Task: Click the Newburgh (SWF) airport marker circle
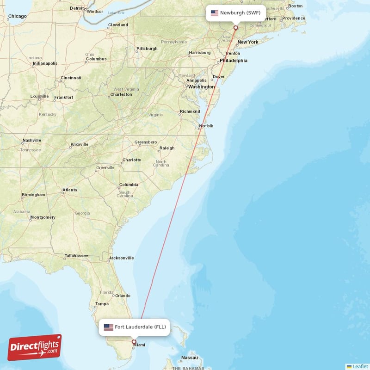(x=235, y=28)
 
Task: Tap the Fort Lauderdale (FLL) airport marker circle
(x=134, y=342)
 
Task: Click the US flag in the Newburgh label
(x=215, y=13)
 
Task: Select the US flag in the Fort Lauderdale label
(x=108, y=327)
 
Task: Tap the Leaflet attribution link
(x=360, y=366)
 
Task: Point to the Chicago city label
(x=17, y=16)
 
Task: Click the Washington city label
(x=202, y=86)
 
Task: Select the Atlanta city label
(x=70, y=190)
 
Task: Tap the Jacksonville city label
(x=121, y=258)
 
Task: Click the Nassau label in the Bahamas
(x=190, y=358)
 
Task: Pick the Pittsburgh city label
(x=147, y=49)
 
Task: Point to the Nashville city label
(x=32, y=140)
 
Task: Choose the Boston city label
(x=295, y=6)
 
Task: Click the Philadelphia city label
(x=234, y=60)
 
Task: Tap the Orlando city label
(x=123, y=296)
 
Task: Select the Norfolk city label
(x=206, y=126)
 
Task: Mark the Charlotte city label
(x=131, y=160)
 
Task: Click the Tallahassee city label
(x=76, y=255)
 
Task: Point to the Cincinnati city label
(x=71, y=78)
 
